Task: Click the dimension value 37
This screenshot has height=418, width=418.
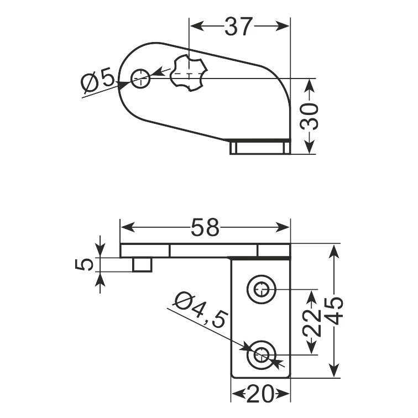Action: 238,27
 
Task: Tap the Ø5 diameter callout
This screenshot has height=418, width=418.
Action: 97,80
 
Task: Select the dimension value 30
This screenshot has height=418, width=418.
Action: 309,117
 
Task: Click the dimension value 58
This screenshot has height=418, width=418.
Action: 205,227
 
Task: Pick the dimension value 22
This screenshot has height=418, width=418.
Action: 311,322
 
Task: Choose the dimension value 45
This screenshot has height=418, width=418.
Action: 335,310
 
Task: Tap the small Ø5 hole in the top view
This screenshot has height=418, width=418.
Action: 140,79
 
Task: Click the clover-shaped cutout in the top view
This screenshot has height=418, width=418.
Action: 189,73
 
